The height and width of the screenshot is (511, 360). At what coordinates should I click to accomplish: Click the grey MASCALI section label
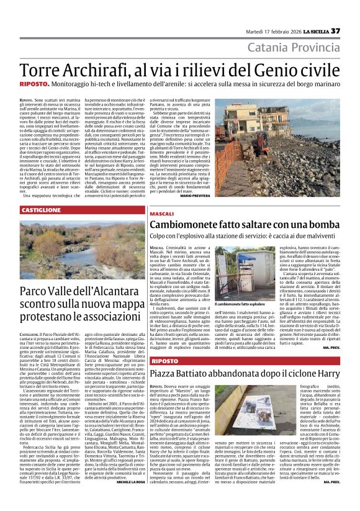tap(162, 214)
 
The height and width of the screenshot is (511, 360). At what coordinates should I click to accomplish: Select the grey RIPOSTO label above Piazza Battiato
tap(164, 361)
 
